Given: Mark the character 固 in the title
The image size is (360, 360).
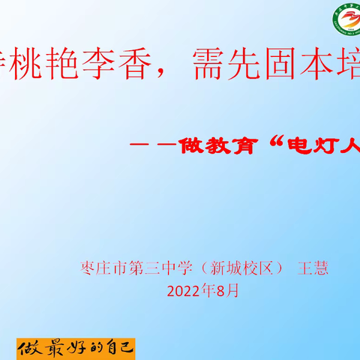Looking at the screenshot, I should tap(278, 72).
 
